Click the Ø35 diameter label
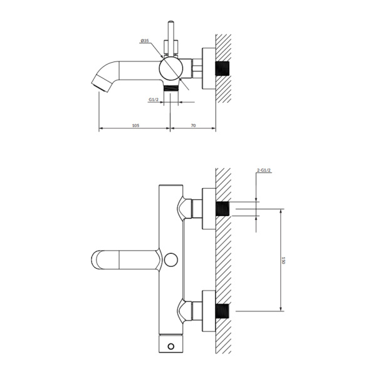point(145,41)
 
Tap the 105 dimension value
point(136,125)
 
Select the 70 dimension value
point(193,125)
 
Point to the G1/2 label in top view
point(154,100)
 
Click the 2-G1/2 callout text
point(264,170)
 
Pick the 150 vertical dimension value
point(283,260)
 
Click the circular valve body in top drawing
point(171,68)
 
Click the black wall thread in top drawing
point(222,68)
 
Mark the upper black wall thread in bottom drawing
point(222,209)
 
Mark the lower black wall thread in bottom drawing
point(222,311)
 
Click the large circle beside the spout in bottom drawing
point(171,259)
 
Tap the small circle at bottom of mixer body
point(170,347)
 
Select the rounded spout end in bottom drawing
point(97,259)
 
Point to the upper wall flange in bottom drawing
point(209,209)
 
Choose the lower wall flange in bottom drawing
point(209,311)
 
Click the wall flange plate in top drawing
point(209,68)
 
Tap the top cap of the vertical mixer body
point(170,185)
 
